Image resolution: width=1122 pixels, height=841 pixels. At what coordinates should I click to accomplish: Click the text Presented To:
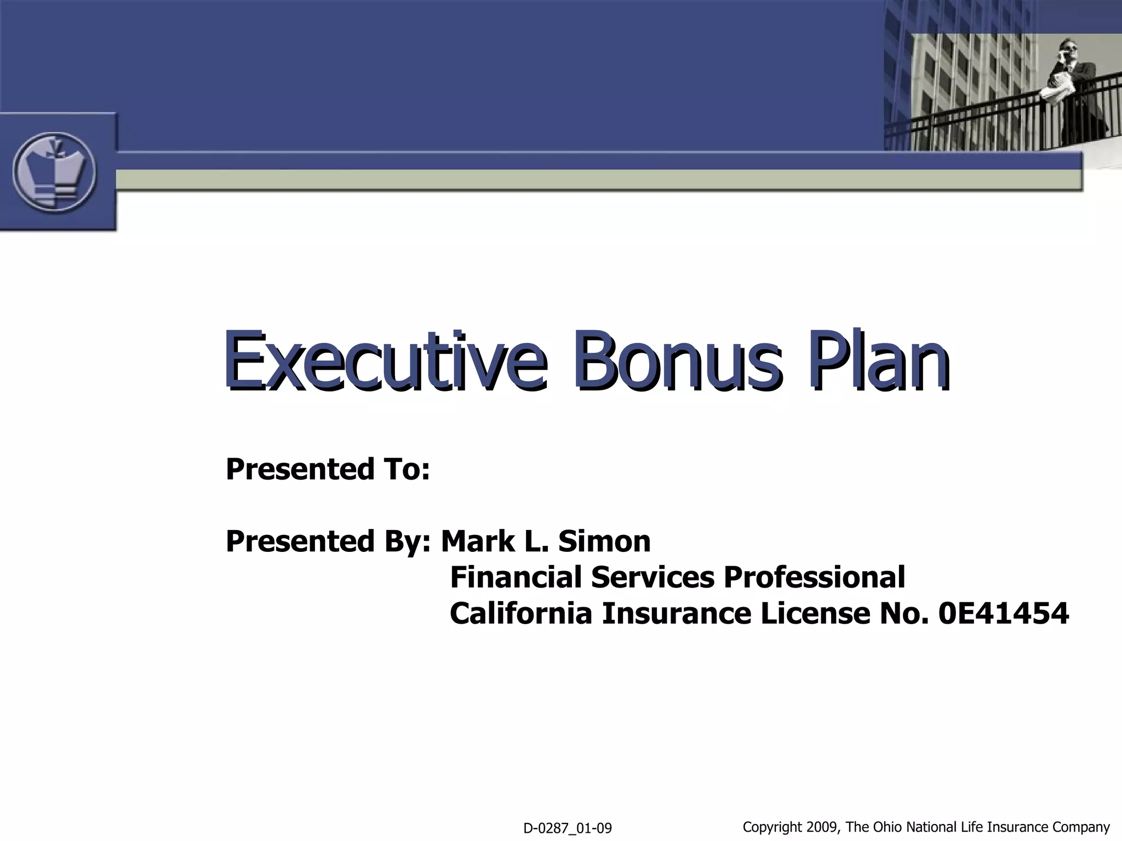click(328, 469)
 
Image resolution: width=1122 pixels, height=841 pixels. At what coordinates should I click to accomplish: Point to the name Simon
click(604, 541)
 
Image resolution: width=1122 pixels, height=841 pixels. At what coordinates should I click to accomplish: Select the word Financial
click(516, 577)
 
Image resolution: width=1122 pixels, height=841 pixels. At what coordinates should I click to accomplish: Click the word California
click(521, 613)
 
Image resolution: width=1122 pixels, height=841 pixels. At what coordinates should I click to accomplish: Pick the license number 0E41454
click(1003, 613)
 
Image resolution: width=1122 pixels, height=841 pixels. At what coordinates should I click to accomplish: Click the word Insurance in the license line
click(676, 613)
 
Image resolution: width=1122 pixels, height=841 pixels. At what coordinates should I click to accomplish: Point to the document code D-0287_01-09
click(568, 828)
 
